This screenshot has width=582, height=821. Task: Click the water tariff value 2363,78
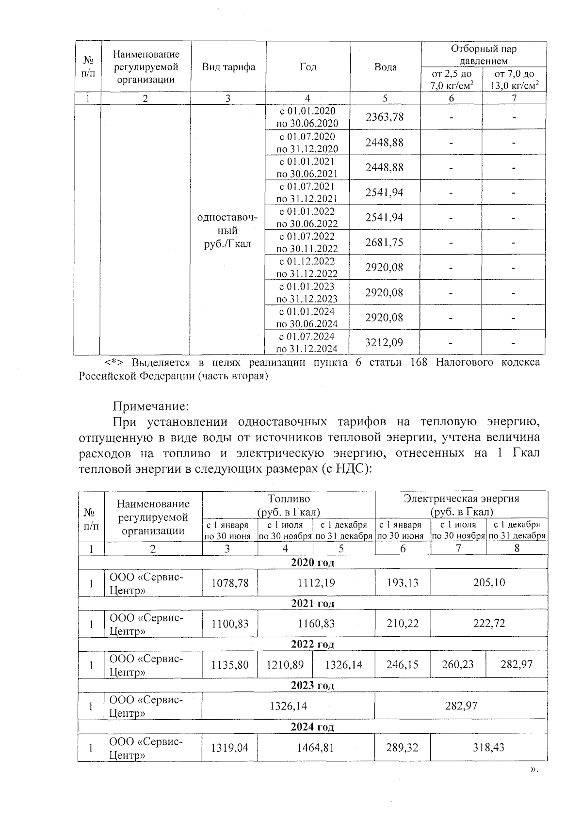point(384,117)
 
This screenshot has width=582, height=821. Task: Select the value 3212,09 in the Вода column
point(384,343)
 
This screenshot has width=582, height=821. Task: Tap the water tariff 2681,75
point(384,242)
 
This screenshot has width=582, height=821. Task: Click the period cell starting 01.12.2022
point(307,268)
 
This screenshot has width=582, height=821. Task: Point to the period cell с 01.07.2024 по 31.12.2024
point(307,343)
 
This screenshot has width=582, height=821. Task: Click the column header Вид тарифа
point(228,67)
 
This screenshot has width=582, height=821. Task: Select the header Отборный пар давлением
point(484,55)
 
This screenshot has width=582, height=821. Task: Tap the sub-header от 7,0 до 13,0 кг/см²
point(514,80)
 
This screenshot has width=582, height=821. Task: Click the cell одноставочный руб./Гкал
point(227,230)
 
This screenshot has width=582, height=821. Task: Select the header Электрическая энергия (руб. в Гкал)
point(461,505)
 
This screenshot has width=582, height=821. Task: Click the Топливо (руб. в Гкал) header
point(289,505)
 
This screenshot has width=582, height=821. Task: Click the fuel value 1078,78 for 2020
point(230,582)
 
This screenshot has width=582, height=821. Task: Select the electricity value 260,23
point(458,664)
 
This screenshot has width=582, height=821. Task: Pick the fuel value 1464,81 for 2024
point(316,747)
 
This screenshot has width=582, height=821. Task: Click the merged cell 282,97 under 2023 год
point(461,706)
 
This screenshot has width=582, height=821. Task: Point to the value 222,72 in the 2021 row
point(489,623)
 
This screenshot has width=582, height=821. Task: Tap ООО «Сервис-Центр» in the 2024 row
point(146,747)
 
